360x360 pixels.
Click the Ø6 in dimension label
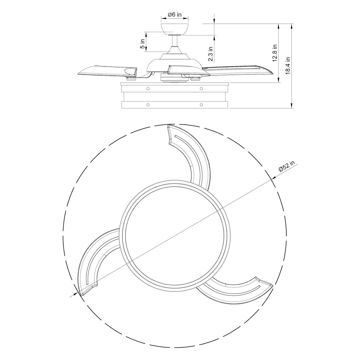tap(174, 14)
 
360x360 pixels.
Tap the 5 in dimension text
tap(143, 44)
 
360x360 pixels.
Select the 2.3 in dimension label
tap(210, 54)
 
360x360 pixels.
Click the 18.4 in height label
tap(288, 66)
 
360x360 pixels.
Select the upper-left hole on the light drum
tap(148, 88)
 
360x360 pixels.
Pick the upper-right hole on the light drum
tap(201, 88)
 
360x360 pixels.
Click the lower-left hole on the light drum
tap(148, 104)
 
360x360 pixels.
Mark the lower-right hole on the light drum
tap(201, 104)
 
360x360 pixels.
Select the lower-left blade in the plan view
tap(95, 255)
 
